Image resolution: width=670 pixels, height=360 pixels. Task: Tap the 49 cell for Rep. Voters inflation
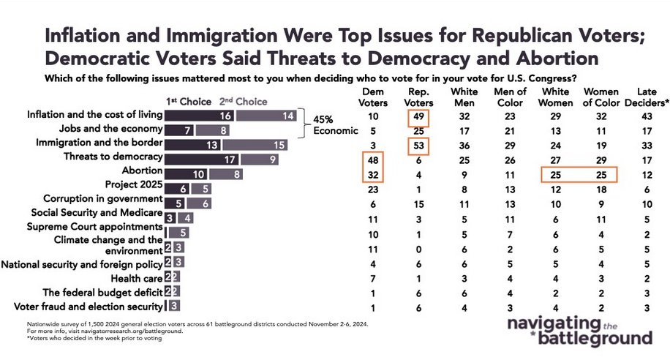418,116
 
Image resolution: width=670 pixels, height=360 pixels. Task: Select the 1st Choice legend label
186,102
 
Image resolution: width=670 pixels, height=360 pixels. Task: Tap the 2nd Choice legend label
241,102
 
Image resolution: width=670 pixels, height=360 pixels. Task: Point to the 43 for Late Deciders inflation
644,116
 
